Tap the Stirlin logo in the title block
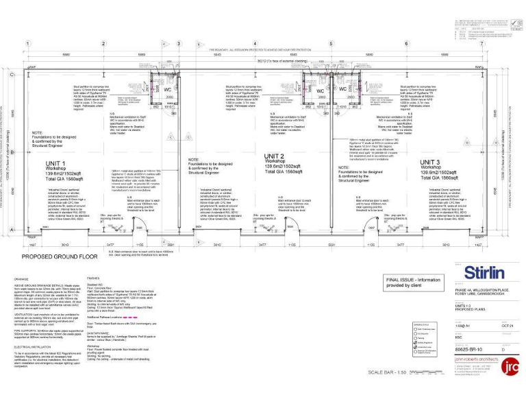(x=484, y=271)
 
